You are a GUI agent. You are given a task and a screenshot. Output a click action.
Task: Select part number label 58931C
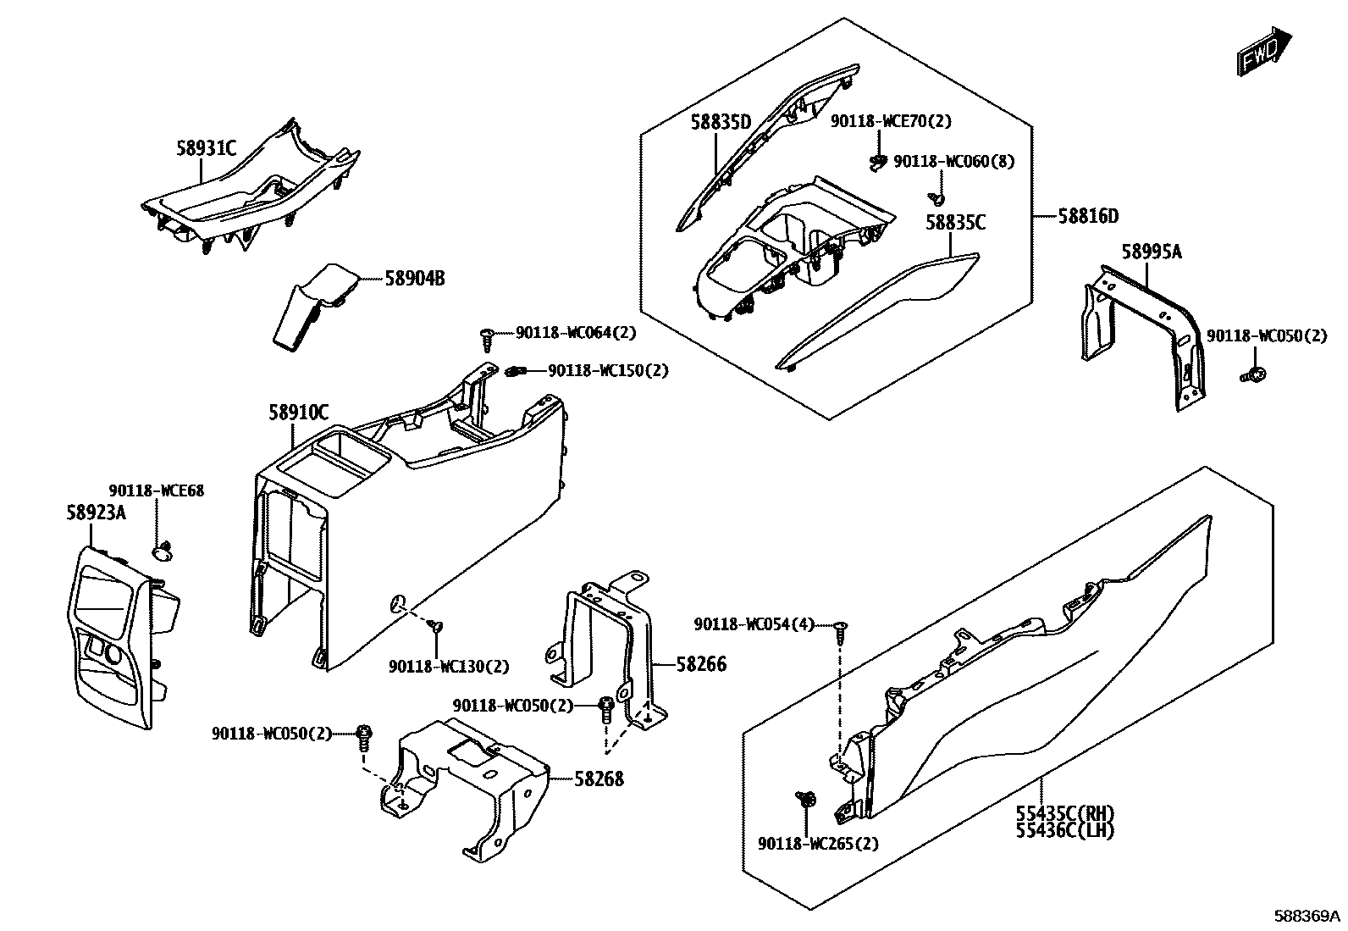coord(206,148)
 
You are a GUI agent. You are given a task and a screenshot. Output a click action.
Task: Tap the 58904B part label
coord(415,278)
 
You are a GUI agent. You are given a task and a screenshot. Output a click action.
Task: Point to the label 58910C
coord(299,413)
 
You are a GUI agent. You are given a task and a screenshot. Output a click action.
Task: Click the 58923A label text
coord(96,512)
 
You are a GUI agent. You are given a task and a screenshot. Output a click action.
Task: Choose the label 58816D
coord(1088,216)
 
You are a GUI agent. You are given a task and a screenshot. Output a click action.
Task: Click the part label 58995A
coord(1152,252)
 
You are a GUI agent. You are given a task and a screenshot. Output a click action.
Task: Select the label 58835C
coord(955,223)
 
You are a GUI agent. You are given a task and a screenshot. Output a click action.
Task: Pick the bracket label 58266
coord(701,665)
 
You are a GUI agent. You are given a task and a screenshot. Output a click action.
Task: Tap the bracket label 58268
coord(599,779)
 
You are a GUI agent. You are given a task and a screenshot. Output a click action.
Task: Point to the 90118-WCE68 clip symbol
coord(161,552)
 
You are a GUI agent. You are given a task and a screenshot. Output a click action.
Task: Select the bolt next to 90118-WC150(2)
coord(516,370)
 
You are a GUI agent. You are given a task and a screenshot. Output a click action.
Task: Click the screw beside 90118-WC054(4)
coord(839,629)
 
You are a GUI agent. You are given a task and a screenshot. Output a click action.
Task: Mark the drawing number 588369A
coord(1308,916)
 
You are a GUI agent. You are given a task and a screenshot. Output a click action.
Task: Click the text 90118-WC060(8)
coord(953,161)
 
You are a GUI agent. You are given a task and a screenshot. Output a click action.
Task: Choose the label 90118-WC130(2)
coord(449,667)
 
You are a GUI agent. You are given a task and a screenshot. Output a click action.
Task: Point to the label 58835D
coord(721,121)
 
